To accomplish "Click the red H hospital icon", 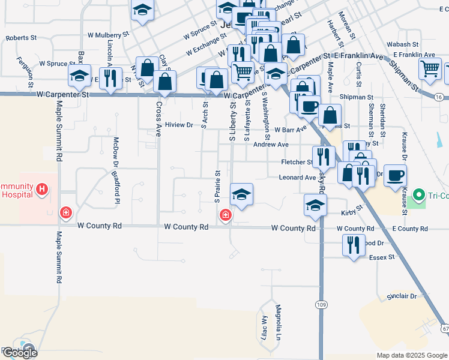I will tap(41, 190).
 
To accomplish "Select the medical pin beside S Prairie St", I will tap(226, 214).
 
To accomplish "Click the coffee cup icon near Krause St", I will tap(395, 176).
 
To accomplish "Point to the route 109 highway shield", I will tap(321, 305).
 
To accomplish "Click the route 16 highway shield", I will tap(439, 97).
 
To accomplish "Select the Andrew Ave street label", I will tap(271, 145).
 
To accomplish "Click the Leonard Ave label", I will tap(297, 178).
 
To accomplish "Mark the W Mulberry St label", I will tap(109, 35).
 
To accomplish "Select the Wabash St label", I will tap(403, 44).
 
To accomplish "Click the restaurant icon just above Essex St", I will tap(353, 244).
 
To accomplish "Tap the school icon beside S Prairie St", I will tap(241, 194).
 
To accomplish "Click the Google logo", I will tap(19, 353).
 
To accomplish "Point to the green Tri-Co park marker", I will tap(419, 195).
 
